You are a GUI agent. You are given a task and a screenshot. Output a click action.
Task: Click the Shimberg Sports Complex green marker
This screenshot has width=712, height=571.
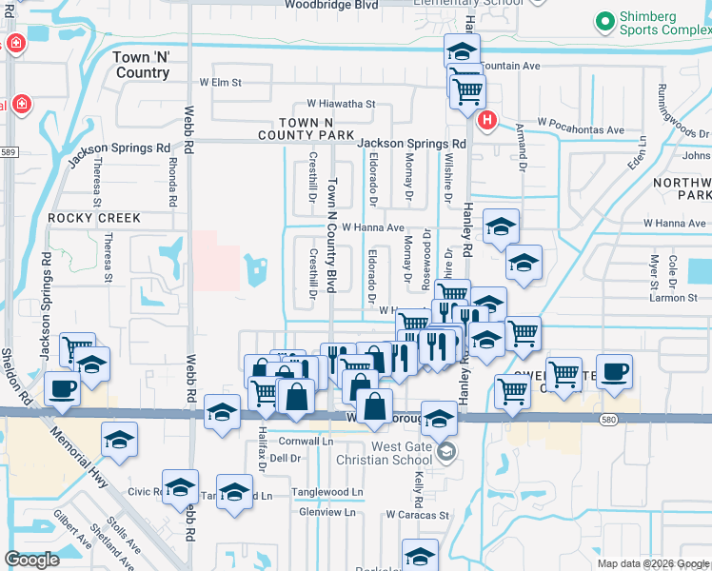(x=604, y=21)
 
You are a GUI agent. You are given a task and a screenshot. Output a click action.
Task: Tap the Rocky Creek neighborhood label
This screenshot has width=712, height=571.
(x=95, y=218)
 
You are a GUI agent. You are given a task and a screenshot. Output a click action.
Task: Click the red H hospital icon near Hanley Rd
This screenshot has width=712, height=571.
(x=487, y=121)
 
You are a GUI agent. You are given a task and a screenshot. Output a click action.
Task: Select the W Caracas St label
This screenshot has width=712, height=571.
(x=417, y=514)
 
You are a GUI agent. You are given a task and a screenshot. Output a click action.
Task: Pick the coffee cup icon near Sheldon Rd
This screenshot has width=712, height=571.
(x=62, y=388)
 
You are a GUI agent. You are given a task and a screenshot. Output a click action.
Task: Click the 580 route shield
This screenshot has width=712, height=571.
(x=607, y=419)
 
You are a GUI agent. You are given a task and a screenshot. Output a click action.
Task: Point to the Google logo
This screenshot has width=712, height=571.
(x=32, y=560)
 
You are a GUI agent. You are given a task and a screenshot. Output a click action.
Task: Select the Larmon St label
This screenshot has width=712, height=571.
(x=673, y=298)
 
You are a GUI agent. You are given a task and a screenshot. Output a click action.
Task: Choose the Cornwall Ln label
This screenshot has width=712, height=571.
(x=307, y=442)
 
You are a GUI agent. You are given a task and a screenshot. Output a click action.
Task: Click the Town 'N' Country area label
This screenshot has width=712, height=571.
(x=141, y=65)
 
